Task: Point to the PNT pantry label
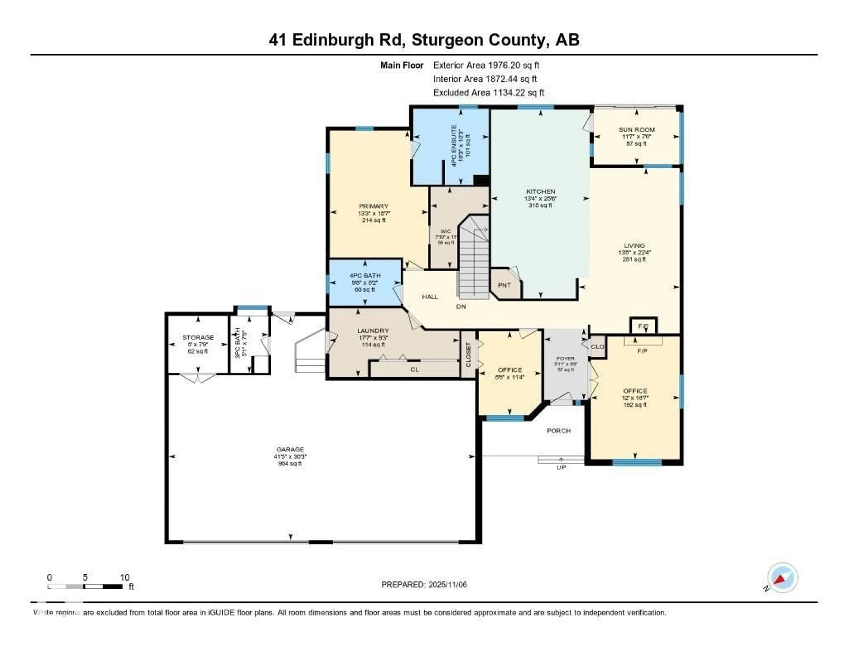504,285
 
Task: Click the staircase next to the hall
474,260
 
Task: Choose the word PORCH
559,431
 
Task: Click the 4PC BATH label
365,276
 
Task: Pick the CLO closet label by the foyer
598,346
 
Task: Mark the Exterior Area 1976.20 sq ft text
486,65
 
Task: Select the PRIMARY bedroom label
373,206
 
